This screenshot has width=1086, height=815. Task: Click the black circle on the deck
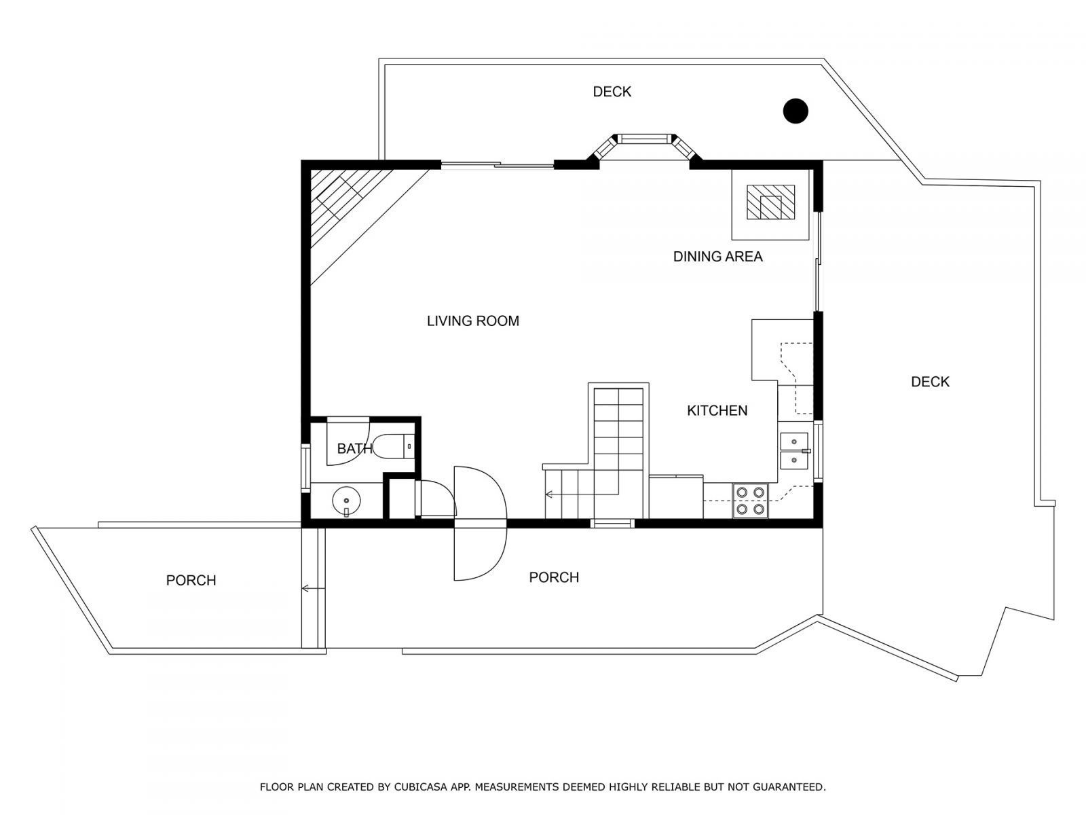click(x=795, y=111)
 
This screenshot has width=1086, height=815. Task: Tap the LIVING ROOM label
click(x=472, y=321)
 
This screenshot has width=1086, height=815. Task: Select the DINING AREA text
click(x=717, y=257)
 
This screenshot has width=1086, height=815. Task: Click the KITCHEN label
click(x=717, y=410)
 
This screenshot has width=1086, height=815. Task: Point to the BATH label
click(x=354, y=448)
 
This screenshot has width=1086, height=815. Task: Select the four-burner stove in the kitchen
click(x=749, y=500)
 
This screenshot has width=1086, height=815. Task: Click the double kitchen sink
click(x=793, y=451)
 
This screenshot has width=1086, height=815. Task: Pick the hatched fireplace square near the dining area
click(x=770, y=202)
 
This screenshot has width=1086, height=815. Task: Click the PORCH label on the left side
click(x=191, y=581)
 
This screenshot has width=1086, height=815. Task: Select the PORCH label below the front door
click(x=554, y=577)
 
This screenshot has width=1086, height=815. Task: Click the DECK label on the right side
click(x=930, y=382)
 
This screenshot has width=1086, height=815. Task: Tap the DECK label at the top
click(x=612, y=92)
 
